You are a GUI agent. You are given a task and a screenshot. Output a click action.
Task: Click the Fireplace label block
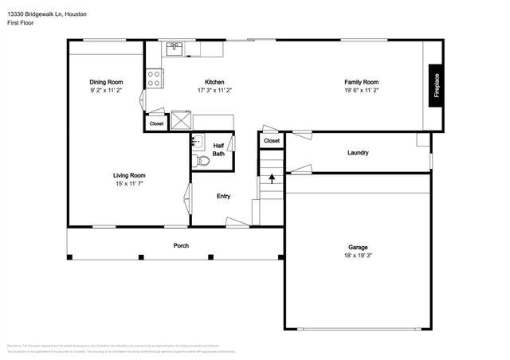(436, 87)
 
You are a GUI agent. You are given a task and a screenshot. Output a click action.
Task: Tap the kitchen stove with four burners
(155, 78)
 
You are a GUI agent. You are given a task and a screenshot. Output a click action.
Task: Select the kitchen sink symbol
(175, 48)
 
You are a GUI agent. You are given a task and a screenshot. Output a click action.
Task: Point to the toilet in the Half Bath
(202, 161)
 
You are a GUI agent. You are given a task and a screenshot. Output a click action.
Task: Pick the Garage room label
(358, 247)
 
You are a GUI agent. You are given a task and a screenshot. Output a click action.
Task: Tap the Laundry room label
(358, 152)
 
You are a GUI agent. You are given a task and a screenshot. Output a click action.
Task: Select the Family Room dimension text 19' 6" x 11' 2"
(361, 91)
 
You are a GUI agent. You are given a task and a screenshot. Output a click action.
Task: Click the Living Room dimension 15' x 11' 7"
(127, 183)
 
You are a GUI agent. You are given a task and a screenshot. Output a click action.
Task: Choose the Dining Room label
(105, 82)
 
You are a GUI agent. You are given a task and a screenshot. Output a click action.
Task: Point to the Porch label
(181, 245)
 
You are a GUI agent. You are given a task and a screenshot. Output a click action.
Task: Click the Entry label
(224, 196)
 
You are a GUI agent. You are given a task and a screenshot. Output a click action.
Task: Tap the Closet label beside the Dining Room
(156, 123)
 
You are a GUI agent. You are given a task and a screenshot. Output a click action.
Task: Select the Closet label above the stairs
(272, 141)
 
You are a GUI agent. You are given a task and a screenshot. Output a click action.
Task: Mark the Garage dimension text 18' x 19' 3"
(358, 256)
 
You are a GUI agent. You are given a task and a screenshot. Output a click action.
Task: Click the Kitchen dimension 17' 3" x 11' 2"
(214, 91)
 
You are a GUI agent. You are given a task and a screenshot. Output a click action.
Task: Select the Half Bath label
(218, 150)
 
